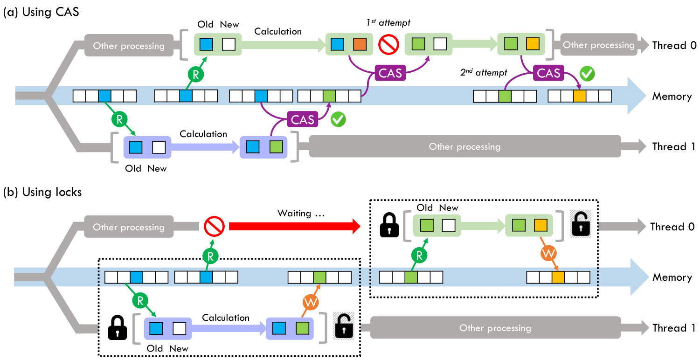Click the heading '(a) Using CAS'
coord(41,12)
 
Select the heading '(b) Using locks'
coord(42,192)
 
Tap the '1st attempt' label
coord(388,23)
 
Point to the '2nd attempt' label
coord(484,72)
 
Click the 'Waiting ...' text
coord(301,214)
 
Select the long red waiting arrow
coord(295,227)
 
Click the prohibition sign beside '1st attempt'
coord(388,45)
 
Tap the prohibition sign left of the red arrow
coord(214,226)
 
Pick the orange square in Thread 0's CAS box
coord(360,44)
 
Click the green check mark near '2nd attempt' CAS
coord(587,74)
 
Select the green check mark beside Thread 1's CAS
coord(338,119)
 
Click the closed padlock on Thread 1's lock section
coord(117,327)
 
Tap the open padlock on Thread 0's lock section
coord(581,224)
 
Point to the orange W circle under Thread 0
coord(548,253)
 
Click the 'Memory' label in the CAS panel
coord(672,96)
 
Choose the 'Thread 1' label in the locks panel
coord(673,328)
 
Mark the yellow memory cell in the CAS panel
coord(579,96)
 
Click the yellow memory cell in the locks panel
coord(558,277)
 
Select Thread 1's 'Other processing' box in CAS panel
coord(464,146)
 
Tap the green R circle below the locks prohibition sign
coord(210,256)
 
